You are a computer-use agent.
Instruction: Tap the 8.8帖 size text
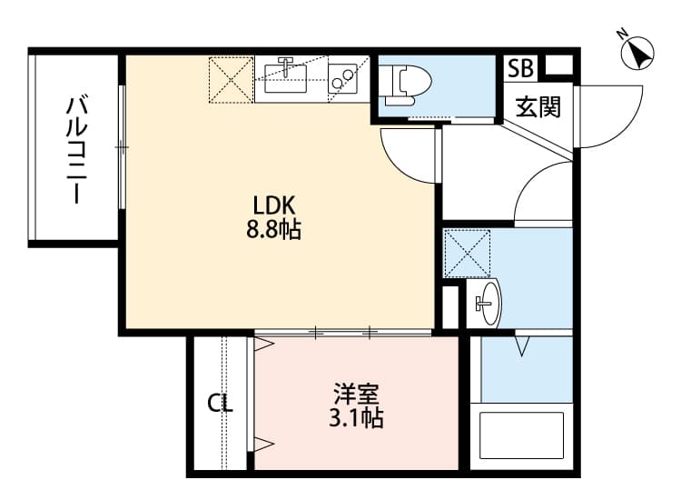coord(273,230)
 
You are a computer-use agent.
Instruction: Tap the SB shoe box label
coord(521,67)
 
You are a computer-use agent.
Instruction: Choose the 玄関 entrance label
coord(538,107)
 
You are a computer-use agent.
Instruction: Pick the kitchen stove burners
coord(343,78)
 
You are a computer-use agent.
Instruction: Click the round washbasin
coord(488,302)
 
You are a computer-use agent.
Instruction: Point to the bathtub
coord(521,437)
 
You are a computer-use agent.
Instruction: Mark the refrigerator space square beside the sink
coord(232,79)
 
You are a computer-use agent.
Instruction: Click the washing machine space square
coord(467,254)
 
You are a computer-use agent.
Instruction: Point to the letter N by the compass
coord(624,34)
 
